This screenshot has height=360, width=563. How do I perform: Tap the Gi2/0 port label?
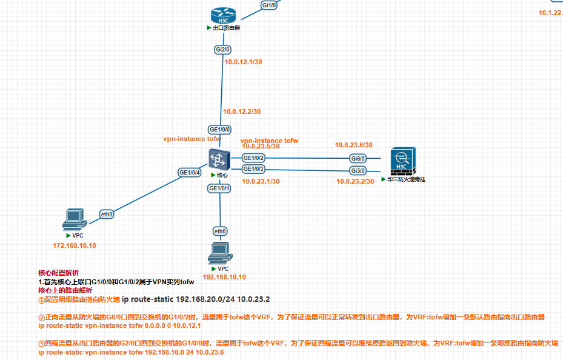222,49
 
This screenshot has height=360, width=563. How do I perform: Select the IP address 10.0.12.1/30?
243,62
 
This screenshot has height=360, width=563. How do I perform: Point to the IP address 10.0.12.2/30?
242,112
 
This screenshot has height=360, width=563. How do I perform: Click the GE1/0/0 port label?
219,129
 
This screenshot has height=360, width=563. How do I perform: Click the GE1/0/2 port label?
253,158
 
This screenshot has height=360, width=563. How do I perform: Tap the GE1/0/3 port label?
253,168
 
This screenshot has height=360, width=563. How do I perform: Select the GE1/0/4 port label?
190,172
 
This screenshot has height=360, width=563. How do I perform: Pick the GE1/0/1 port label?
219,188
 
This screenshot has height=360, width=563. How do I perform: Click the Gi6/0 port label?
358,158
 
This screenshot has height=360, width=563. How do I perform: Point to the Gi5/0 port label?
358,170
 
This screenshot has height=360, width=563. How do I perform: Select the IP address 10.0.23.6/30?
354,145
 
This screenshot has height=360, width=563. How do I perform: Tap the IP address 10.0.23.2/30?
355,181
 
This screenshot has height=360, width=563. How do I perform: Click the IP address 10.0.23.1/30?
260,181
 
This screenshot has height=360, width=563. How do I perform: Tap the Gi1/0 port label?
269,5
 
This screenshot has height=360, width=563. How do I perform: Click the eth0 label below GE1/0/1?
220,231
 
